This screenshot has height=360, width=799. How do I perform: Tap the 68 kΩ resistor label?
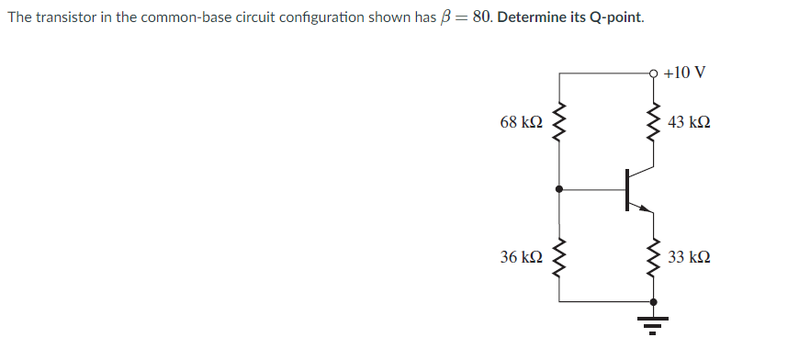520,122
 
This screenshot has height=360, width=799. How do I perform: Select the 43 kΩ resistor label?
690,122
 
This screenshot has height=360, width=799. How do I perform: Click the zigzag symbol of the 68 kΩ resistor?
559,122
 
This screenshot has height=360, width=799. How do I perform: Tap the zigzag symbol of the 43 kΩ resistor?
654,122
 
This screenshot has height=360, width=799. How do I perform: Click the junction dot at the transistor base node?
559,190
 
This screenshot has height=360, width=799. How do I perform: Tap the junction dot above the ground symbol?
654,301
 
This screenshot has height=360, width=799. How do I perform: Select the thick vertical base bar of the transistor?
628,190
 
